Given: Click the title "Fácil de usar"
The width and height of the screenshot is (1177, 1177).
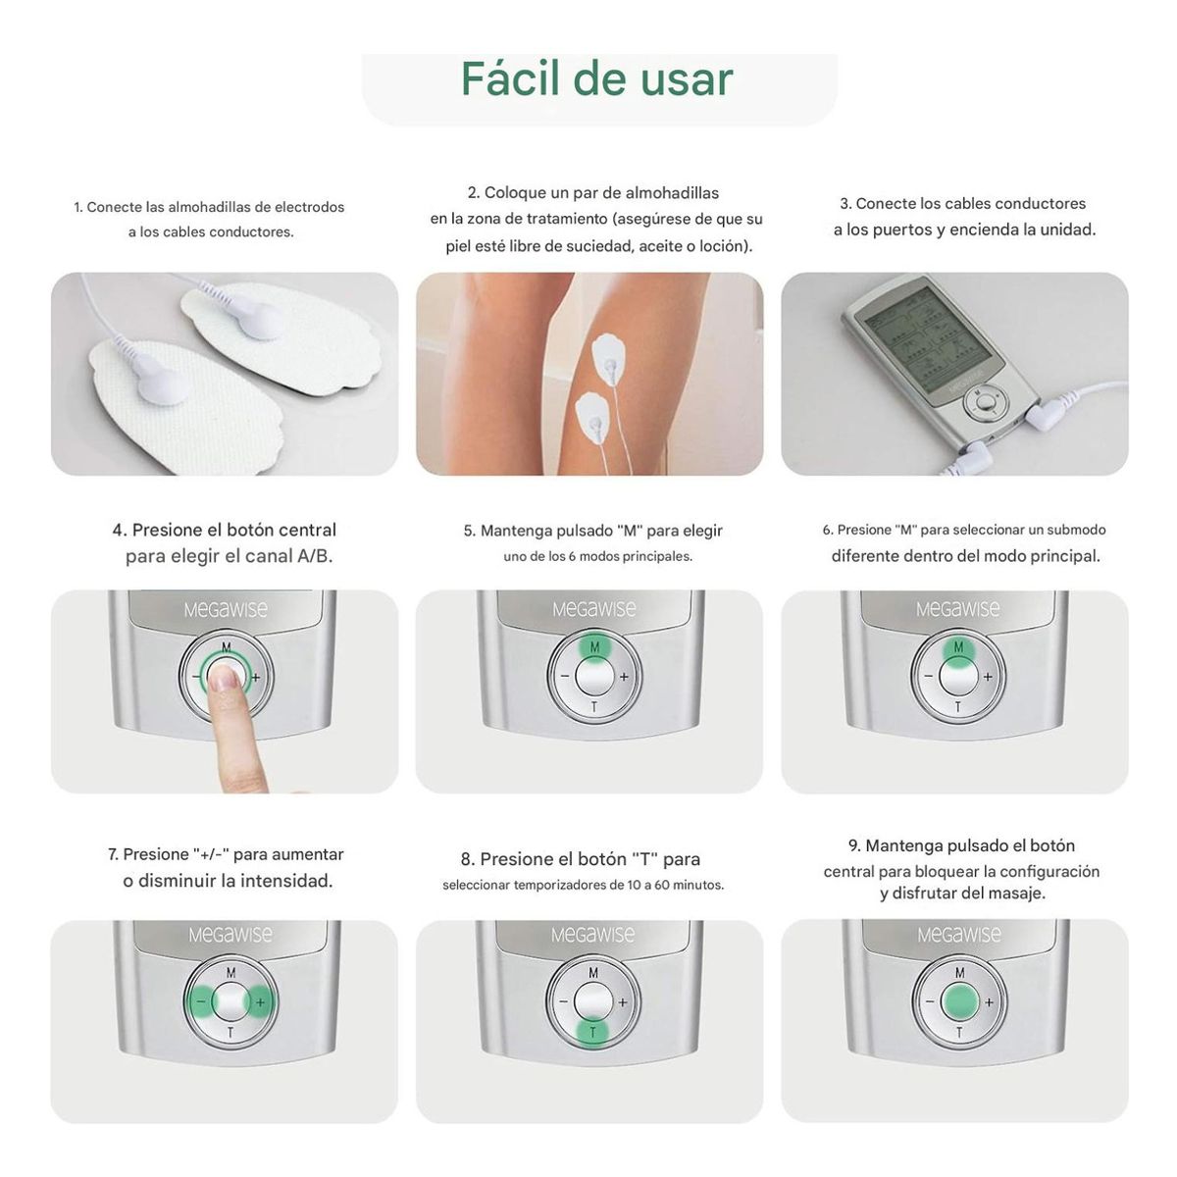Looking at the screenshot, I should point(596,79).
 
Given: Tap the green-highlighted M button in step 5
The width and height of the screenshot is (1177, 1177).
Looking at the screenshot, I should point(593,647).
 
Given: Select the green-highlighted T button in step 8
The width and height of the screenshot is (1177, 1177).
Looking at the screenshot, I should point(592,1032).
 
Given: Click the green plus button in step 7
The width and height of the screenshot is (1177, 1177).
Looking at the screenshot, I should point(260,1002).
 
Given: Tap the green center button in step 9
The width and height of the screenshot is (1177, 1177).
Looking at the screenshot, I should point(959,1002).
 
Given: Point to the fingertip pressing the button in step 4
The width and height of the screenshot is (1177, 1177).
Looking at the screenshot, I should point(228,678).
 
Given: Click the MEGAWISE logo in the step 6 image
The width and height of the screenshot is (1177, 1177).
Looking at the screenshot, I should point(957,609).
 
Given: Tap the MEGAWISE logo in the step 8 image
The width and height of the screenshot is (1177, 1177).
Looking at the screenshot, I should point(592,935).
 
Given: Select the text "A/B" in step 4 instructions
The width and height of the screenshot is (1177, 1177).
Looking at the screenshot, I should point(314,556).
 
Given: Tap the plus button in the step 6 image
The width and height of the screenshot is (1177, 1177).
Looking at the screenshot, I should point(988,677).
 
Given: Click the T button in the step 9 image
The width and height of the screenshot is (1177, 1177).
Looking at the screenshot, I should point(959,1032).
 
